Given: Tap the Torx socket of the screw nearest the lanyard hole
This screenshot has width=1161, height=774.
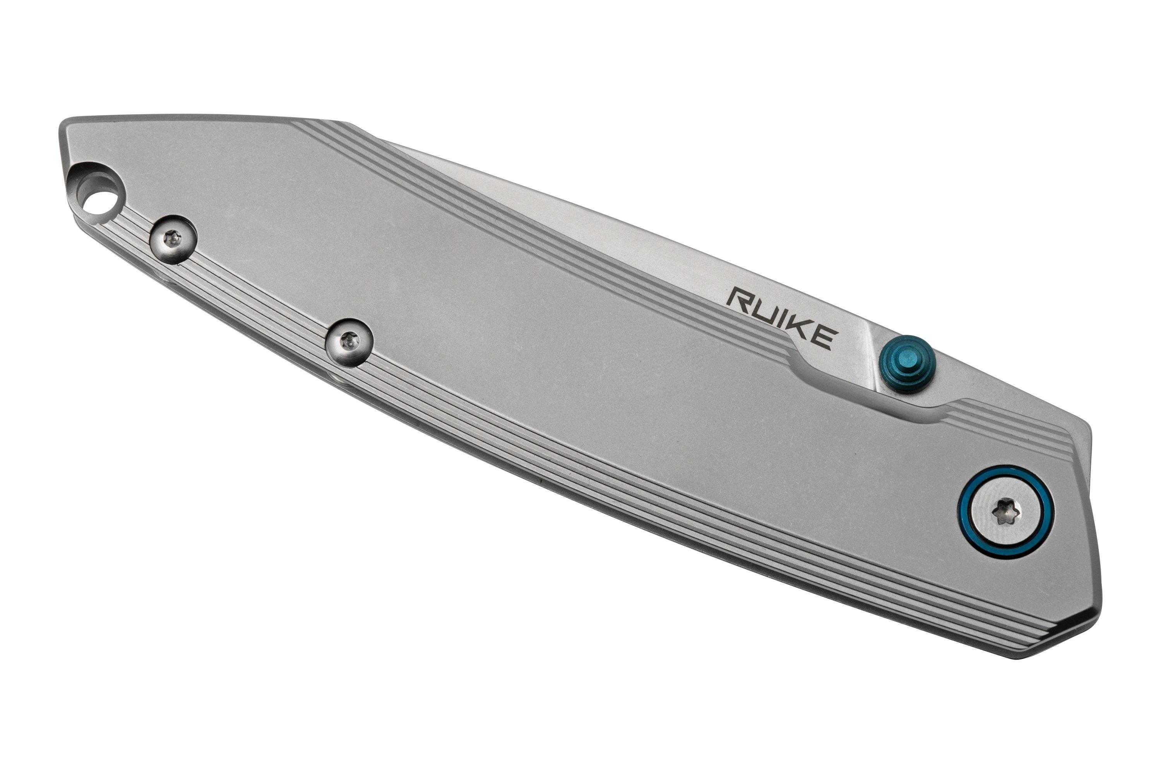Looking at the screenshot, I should pyautogui.click(x=173, y=240).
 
